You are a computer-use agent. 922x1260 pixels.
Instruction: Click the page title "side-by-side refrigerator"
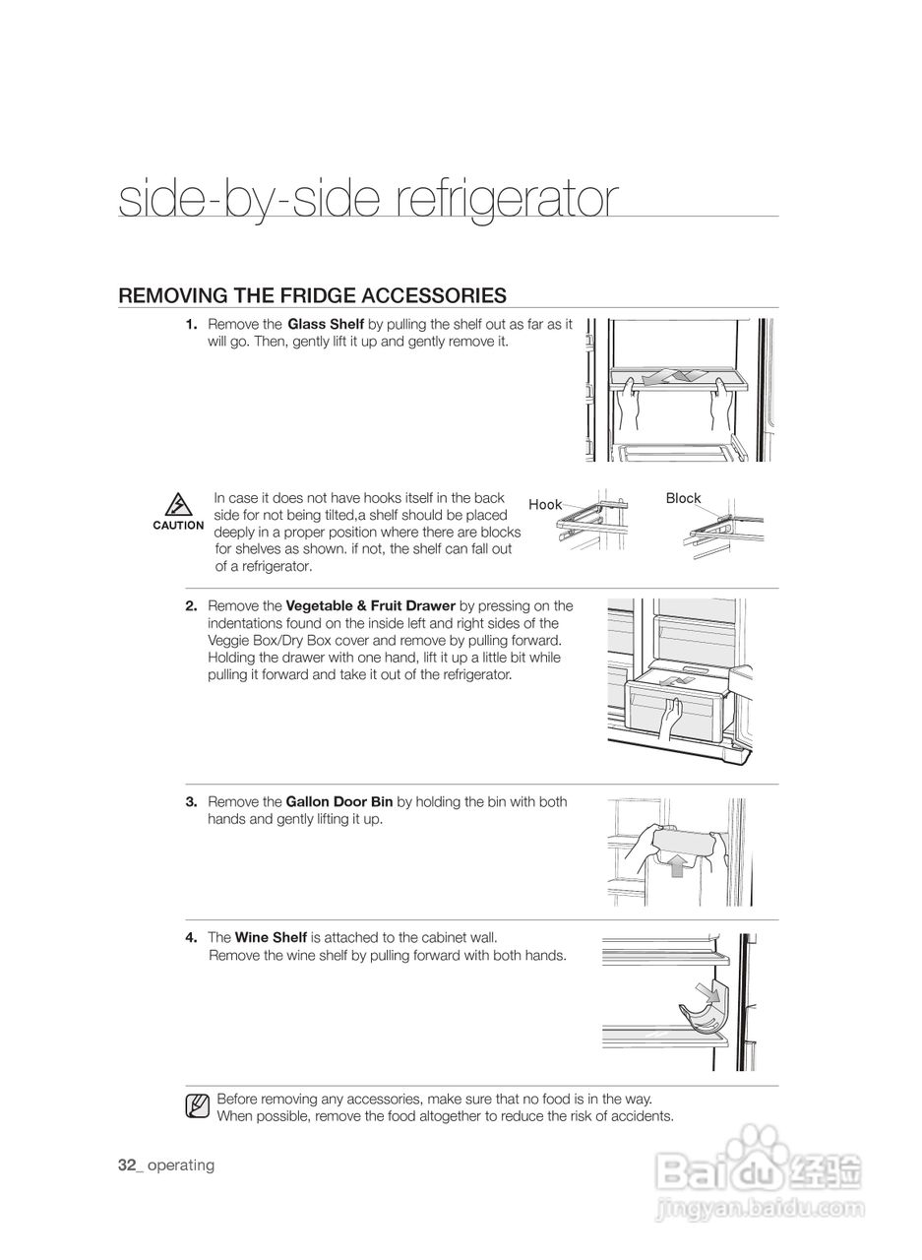pos(368,200)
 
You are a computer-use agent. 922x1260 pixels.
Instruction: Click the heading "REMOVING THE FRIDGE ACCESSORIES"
pos(312,295)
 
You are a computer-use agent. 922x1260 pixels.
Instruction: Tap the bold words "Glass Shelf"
pos(326,325)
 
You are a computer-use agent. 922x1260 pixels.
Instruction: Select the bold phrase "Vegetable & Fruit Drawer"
pos(370,606)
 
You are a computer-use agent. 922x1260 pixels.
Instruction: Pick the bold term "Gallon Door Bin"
pos(338,802)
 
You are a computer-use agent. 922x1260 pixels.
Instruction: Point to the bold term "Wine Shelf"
pos(271,938)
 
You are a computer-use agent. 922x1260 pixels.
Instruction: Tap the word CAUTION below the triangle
pos(178,526)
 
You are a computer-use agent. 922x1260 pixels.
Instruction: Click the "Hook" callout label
pos(545,505)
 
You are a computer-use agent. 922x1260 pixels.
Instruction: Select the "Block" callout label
pos(683,498)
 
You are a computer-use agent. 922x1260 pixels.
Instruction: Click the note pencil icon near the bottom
pos(197,1106)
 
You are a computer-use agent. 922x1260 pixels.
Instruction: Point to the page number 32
pos(126,1165)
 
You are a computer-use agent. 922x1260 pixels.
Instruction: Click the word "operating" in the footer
pos(181,1165)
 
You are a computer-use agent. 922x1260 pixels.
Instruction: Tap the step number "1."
pos(191,325)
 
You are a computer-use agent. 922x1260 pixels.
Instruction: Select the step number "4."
pos(191,938)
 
